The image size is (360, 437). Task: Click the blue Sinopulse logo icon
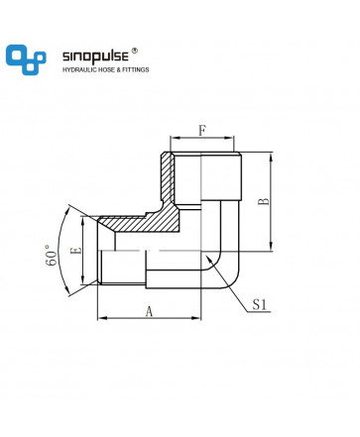click(x=26, y=59)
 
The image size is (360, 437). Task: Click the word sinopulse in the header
click(x=95, y=56)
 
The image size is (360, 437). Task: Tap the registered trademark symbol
click(x=134, y=51)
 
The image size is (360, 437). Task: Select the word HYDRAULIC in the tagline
click(x=79, y=69)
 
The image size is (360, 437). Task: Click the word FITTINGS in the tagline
click(x=136, y=69)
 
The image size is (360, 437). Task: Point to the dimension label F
click(x=202, y=131)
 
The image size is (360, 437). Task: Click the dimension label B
click(x=264, y=201)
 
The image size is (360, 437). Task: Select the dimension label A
click(x=150, y=311)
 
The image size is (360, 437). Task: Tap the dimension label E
click(x=76, y=251)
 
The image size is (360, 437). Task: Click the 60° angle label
click(x=52, y=256)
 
